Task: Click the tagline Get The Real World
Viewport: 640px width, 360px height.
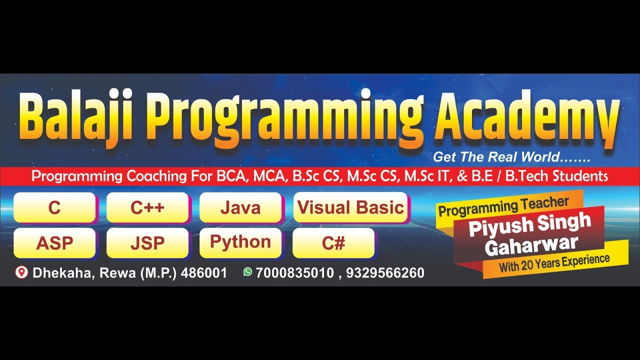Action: click(x=511, y=157)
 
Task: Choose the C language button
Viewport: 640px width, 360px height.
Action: click(x=54, y=207)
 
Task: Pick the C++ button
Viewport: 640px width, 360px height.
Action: click(x=147, y=207)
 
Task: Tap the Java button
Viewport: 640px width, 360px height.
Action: click(x=240, y=207)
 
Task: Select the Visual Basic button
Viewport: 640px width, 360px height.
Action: click(x=350, y=207)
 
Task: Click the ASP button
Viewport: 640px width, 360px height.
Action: click(x=54, y=243)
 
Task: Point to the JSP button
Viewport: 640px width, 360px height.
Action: click(x=147, y=243)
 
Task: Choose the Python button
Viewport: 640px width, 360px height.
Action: click(x=240, y=242)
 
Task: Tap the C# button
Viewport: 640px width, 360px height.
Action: click(x=333, y=243)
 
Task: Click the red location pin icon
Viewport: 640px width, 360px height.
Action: click(x=21, y=272)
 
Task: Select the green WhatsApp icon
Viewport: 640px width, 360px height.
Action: click(x=247, y=272)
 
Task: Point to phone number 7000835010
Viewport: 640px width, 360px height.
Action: click(x=294, y=273)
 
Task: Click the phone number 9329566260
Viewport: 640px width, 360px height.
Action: click(x=385, y=273)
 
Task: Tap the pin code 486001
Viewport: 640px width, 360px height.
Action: click(x=203, y=273)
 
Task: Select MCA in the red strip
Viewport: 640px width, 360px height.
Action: click(x=269, y=176)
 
